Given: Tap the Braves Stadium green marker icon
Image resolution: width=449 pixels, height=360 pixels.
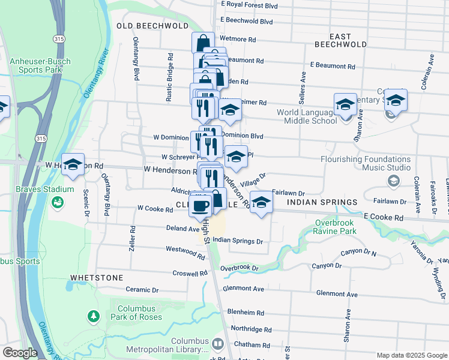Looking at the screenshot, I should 58,203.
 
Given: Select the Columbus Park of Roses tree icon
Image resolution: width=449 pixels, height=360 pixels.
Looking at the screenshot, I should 93,316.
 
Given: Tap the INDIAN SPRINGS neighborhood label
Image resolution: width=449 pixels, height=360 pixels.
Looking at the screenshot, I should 322,202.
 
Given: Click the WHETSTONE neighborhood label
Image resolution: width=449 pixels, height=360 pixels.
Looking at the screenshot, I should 97,278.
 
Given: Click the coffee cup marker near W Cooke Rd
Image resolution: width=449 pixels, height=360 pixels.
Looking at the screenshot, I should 200,205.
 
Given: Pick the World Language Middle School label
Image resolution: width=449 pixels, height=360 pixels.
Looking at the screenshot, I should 307,116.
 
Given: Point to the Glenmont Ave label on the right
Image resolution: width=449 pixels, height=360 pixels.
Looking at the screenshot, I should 337,295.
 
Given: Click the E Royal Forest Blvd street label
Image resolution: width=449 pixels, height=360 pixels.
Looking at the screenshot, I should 249,5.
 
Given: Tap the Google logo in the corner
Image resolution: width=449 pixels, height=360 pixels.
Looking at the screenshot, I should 20,353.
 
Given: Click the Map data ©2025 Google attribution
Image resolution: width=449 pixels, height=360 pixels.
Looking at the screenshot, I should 412,355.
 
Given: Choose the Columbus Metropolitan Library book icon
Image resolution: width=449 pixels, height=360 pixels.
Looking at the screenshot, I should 217,345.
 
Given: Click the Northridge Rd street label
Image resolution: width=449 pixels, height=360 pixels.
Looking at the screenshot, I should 251,329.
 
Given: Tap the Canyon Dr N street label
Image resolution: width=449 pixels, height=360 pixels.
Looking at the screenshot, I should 358,253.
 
